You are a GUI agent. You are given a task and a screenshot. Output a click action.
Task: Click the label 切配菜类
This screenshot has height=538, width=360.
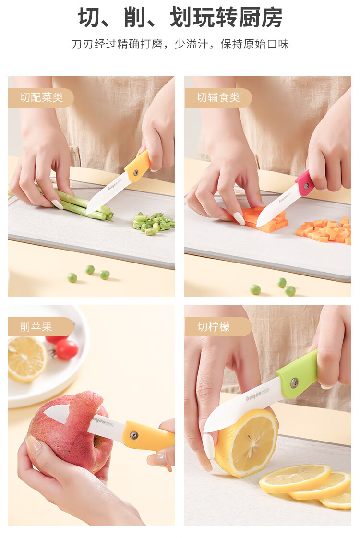coord(42,97)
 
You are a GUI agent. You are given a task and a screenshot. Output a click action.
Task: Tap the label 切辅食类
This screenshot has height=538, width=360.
coord(218,97)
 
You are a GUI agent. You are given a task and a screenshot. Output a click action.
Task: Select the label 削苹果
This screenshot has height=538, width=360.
coord(36,326)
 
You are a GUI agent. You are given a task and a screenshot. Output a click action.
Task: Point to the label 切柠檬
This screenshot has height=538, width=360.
coord(213,326)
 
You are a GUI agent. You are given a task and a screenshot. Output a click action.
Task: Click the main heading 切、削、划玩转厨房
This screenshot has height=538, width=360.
coord(180,17)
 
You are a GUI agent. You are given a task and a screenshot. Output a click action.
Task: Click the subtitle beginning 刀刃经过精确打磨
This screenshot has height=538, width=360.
coord(180,44)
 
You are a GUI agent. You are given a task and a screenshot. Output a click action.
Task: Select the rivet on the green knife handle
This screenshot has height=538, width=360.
coord(294,383)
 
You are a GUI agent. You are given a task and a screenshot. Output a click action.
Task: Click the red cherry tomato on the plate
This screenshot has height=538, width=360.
coord(67,350)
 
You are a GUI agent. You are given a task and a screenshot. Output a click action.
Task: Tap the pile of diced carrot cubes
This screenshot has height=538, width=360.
coord(324,230)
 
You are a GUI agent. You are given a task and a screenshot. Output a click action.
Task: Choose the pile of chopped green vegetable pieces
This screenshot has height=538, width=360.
coord(154,223)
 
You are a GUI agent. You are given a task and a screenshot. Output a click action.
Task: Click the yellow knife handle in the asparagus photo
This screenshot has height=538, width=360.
coord(138,166)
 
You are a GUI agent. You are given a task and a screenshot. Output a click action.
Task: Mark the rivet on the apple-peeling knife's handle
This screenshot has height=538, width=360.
coord(134,435)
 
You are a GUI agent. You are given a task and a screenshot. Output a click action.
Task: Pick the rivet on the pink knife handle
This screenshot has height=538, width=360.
coord(307,186)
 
